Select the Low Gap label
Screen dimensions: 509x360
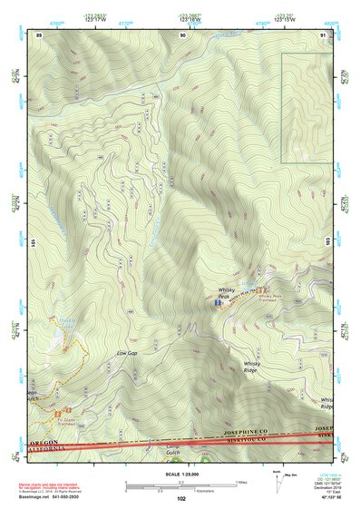[x=127, y=352]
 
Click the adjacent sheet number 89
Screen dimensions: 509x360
[x=39, y=35]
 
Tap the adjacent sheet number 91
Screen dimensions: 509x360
[x=324, y=35]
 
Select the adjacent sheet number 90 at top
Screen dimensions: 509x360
[x=182, y=35]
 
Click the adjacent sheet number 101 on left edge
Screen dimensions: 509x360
[x=32, y=243]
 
